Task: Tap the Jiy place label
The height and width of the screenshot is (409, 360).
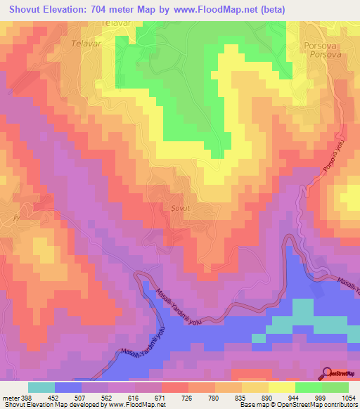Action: coord(15,217)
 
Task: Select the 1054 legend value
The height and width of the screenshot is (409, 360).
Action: coord(349,398)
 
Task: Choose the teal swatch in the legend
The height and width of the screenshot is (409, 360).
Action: coord(41,387)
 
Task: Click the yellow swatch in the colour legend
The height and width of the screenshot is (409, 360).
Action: coord(281,387)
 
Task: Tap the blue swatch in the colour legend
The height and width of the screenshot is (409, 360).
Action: coord(68,387)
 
